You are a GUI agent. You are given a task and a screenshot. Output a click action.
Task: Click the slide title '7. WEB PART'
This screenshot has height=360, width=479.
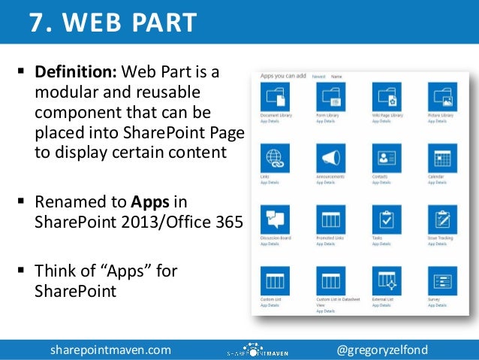pos(113,23)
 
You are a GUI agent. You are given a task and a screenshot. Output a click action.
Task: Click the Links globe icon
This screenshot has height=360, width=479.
pos(275,158)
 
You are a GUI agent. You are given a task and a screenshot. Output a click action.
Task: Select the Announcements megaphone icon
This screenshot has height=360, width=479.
pos(330,158)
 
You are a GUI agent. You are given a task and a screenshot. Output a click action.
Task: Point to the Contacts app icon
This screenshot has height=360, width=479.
pos(387,158)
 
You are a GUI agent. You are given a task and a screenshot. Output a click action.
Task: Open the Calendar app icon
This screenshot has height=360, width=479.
pos(442,158)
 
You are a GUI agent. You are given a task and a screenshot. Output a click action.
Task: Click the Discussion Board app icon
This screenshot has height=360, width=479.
pos(275,219)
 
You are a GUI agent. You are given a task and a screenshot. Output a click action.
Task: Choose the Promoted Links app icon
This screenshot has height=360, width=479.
pos(330,219)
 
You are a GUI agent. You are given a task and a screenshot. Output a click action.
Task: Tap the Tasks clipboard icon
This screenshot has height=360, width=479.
pos(387,219)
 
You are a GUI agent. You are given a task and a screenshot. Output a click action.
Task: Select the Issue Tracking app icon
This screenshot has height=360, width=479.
pos(442,219)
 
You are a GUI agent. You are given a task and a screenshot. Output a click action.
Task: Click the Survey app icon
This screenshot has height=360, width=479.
pos(442,281)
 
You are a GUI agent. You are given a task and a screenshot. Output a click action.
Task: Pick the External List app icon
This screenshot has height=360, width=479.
pos(387,281)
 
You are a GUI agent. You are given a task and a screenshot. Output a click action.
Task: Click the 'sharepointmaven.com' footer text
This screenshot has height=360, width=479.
pos(110,350)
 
